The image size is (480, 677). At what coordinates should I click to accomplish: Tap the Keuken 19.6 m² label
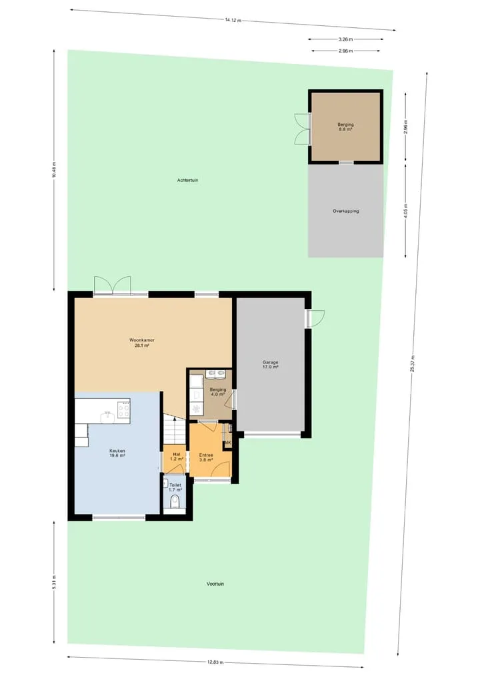(x=117, y=453)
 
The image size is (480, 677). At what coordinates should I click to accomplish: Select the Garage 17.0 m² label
(x=270, y=365)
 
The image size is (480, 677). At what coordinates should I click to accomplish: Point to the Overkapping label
(x=345, y=211)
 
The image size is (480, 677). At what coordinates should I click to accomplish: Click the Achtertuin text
(x=188, y=180)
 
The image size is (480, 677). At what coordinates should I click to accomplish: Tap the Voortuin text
(x=215, y=584)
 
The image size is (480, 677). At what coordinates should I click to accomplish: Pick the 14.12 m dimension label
(x=233, y=20)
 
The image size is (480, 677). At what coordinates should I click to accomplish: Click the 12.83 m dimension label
(x=215, y=662)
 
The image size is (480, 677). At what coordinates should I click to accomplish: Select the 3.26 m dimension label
(x=345, y=39)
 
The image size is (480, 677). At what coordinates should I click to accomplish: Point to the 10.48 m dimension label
(x=54, y=170)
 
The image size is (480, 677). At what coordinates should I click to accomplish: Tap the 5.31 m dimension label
(x=54, y=582)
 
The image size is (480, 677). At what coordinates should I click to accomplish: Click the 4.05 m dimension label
(x=405, y=211)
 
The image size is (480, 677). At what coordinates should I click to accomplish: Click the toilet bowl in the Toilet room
(x=175, y=502)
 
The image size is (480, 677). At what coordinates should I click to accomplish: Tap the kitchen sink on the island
(x=107, y=417)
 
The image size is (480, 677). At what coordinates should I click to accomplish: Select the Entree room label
(x=206, y=458)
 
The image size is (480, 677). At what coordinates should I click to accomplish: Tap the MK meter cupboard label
(x=227, y=443)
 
